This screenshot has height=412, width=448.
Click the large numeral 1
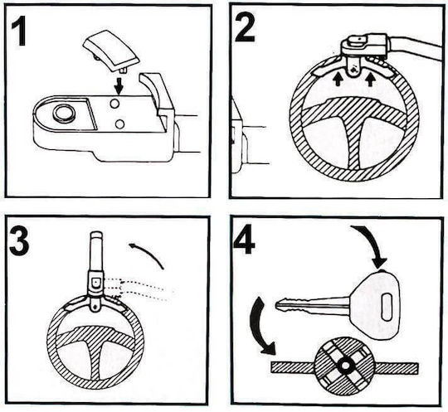point(19,31)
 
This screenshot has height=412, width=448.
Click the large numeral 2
point(245,27)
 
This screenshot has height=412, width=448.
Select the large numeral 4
point(245,240)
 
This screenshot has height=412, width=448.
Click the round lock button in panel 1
point(65,114)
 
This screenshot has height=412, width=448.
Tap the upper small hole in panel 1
point(114,104)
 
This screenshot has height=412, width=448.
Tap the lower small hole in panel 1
point(119,124)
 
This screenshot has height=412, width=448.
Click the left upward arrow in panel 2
point(338,80)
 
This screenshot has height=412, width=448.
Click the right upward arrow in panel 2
point(370,80)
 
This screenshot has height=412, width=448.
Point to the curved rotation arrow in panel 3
point(149,253)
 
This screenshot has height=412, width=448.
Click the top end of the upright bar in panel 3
point(95,232)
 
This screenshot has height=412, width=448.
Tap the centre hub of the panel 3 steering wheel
point(96,336)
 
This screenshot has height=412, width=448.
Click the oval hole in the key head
point(387,307)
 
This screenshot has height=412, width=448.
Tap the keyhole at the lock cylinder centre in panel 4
point(346,366)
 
